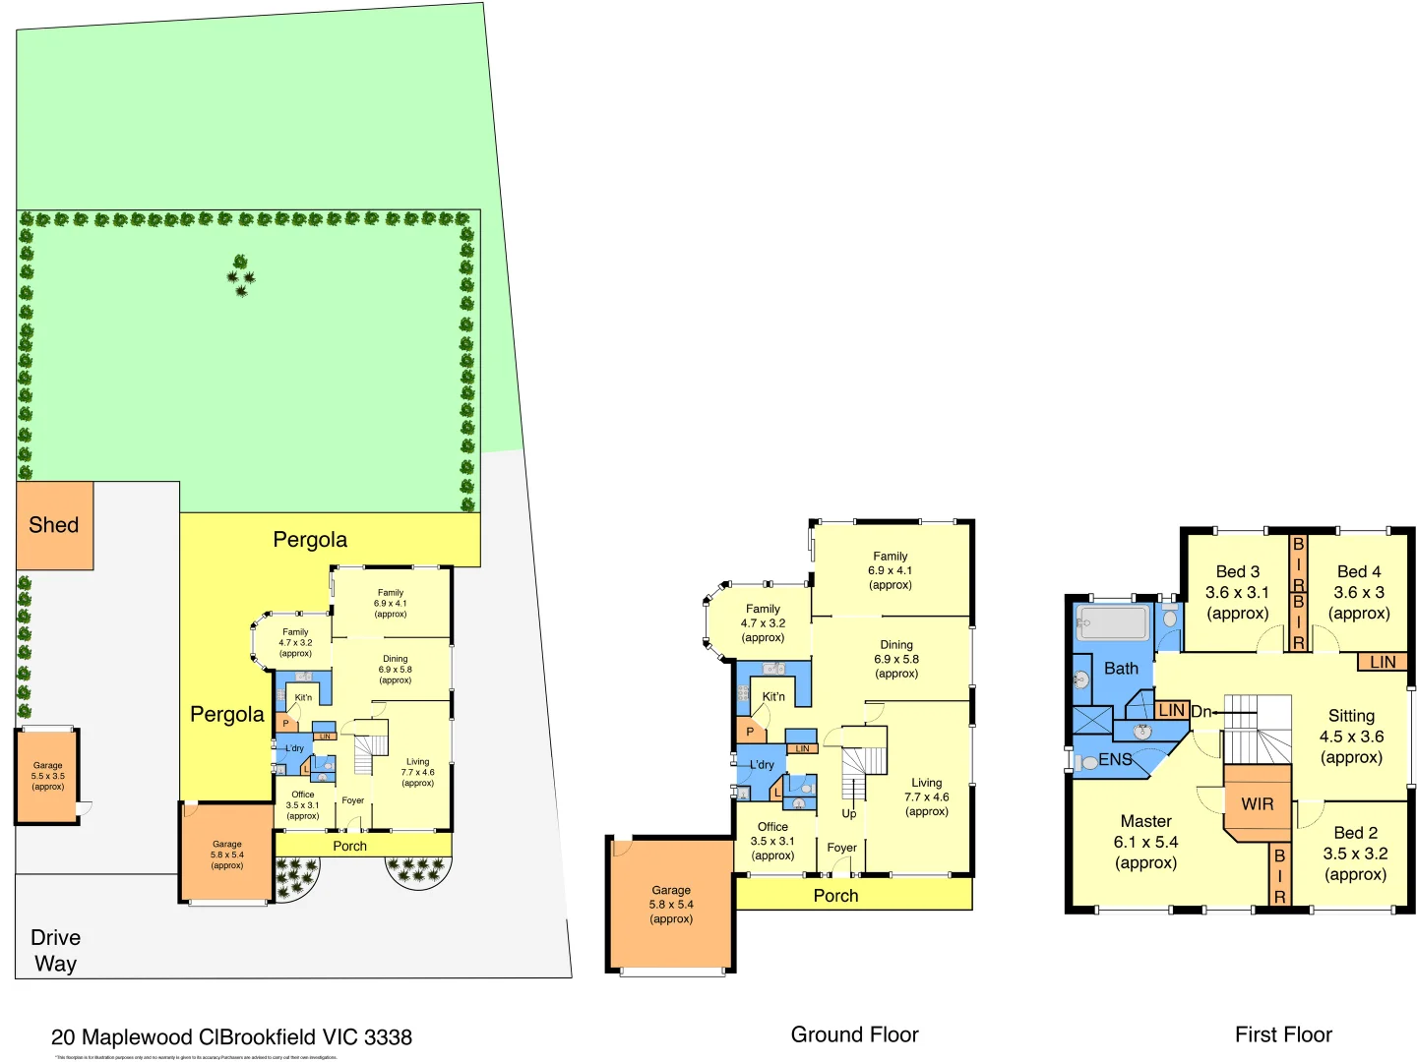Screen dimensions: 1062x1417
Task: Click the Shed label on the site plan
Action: tap(54, 525)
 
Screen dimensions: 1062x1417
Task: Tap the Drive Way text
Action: tap(55, 951)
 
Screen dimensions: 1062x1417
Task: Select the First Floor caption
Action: tap(1283, 1034)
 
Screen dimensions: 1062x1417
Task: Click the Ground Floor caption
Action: tap(854, 1034)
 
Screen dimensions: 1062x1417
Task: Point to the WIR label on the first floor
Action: tap(1257, 804)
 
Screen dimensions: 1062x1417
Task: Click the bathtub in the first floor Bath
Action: tap(1112, 623)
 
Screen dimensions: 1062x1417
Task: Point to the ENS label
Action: tap(1115, 760)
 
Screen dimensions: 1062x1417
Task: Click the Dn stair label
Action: tap(1201, 711)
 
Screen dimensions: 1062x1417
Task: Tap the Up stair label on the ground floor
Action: tap(848, 813)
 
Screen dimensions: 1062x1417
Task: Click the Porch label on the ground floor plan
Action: tap(835, 896)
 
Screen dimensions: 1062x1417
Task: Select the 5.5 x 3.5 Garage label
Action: tap(47, 776)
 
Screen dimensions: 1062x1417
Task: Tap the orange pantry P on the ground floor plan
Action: tap(750, 732)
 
